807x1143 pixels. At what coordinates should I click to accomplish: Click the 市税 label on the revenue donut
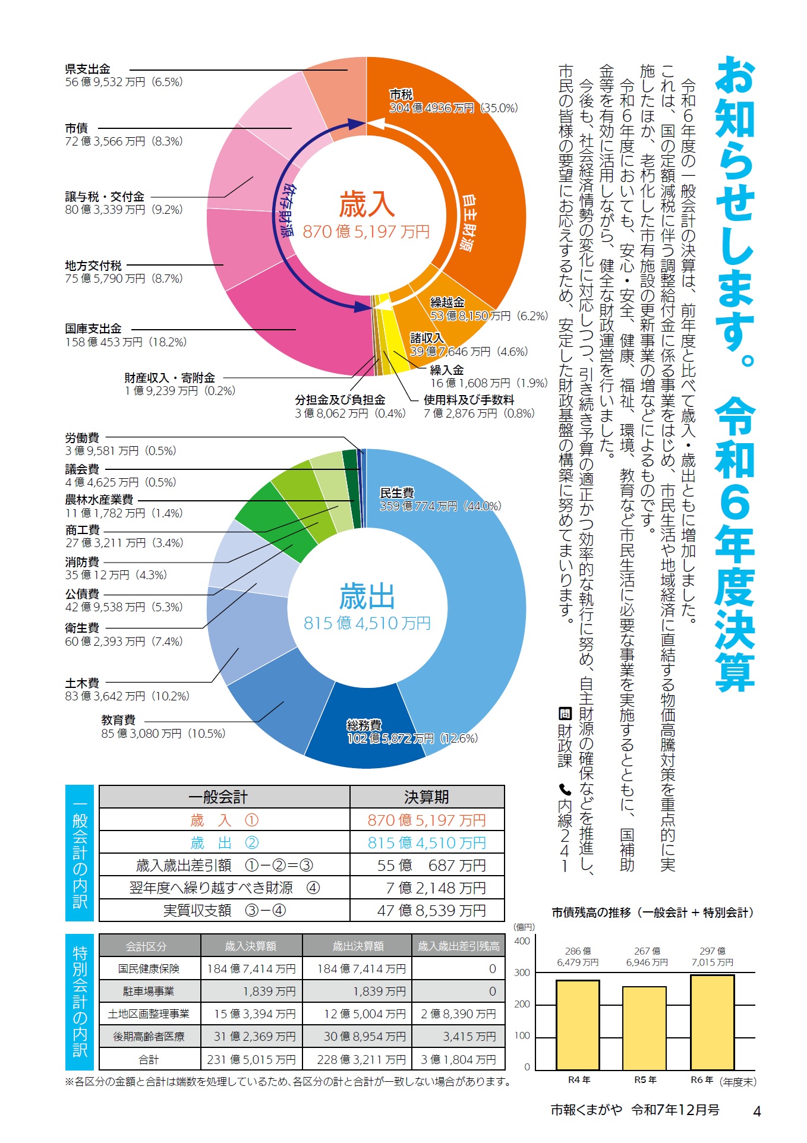[401, 94]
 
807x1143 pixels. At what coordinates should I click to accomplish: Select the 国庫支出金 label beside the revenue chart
[93, 329]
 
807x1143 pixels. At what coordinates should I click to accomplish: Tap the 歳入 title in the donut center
[367, 205]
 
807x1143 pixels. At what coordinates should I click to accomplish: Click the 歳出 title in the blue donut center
[367, 596]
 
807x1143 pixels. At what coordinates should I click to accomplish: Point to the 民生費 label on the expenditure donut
[397, 492]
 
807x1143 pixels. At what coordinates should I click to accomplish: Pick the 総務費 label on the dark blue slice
[364, 725]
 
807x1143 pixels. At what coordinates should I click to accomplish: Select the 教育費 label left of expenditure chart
[118, 720]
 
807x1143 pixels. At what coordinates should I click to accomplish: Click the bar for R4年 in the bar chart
[577, 1024]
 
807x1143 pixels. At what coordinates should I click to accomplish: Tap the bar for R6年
[712, 1022]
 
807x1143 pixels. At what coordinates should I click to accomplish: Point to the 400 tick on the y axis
[522, 941]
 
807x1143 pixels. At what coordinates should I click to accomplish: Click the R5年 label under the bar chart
[645, 1080]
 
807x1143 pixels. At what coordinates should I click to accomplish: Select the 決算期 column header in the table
[426, 797]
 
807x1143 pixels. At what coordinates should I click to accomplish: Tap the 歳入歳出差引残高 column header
[458, 946]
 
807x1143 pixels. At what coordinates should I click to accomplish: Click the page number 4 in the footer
[756, 1111]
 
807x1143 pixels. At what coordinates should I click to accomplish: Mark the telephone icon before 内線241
[565, 790]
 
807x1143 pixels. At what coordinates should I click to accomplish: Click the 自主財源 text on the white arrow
[469, 223]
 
